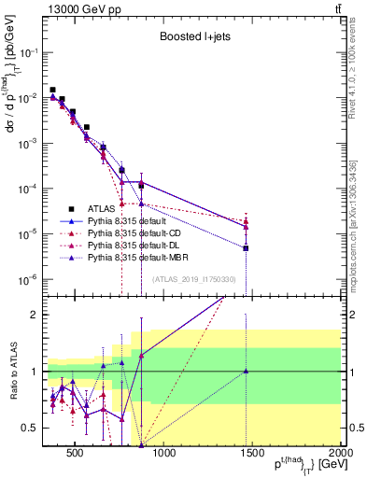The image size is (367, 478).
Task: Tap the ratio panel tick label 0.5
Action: point(31,428)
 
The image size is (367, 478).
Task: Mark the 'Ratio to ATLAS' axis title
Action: point(13,371)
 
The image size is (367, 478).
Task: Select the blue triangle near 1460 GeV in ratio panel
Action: point(246,371)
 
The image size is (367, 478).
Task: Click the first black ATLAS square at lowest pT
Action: point(52,90)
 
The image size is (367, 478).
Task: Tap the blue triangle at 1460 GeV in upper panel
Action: point(246,248)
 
